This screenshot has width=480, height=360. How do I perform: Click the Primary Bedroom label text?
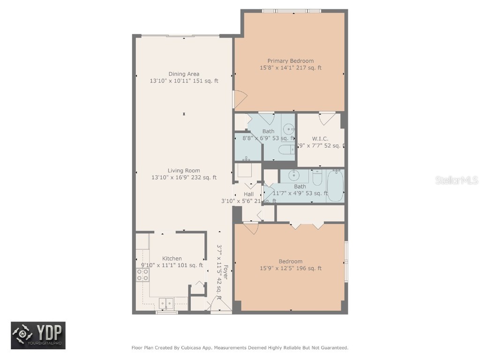click(291, 61)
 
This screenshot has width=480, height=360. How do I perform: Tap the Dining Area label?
click(184, 74)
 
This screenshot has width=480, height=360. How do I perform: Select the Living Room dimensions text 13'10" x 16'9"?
click(184, 178)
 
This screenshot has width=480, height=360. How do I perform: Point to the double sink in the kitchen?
click(166, 303)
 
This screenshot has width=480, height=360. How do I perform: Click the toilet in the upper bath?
click(286, 150)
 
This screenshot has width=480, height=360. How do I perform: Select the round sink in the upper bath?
click(289, 127)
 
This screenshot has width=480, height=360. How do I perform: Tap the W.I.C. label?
click(320, 139)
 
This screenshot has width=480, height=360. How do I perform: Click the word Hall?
click(248, 194)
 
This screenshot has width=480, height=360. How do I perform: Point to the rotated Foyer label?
click(225, 272)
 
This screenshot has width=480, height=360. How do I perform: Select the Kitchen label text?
click(172, 259)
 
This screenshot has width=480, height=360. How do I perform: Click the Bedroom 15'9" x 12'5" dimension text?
click(291, 269)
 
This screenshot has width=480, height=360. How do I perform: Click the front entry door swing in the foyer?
click(220, 307)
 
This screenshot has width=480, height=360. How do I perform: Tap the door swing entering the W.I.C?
click(327, 118)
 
